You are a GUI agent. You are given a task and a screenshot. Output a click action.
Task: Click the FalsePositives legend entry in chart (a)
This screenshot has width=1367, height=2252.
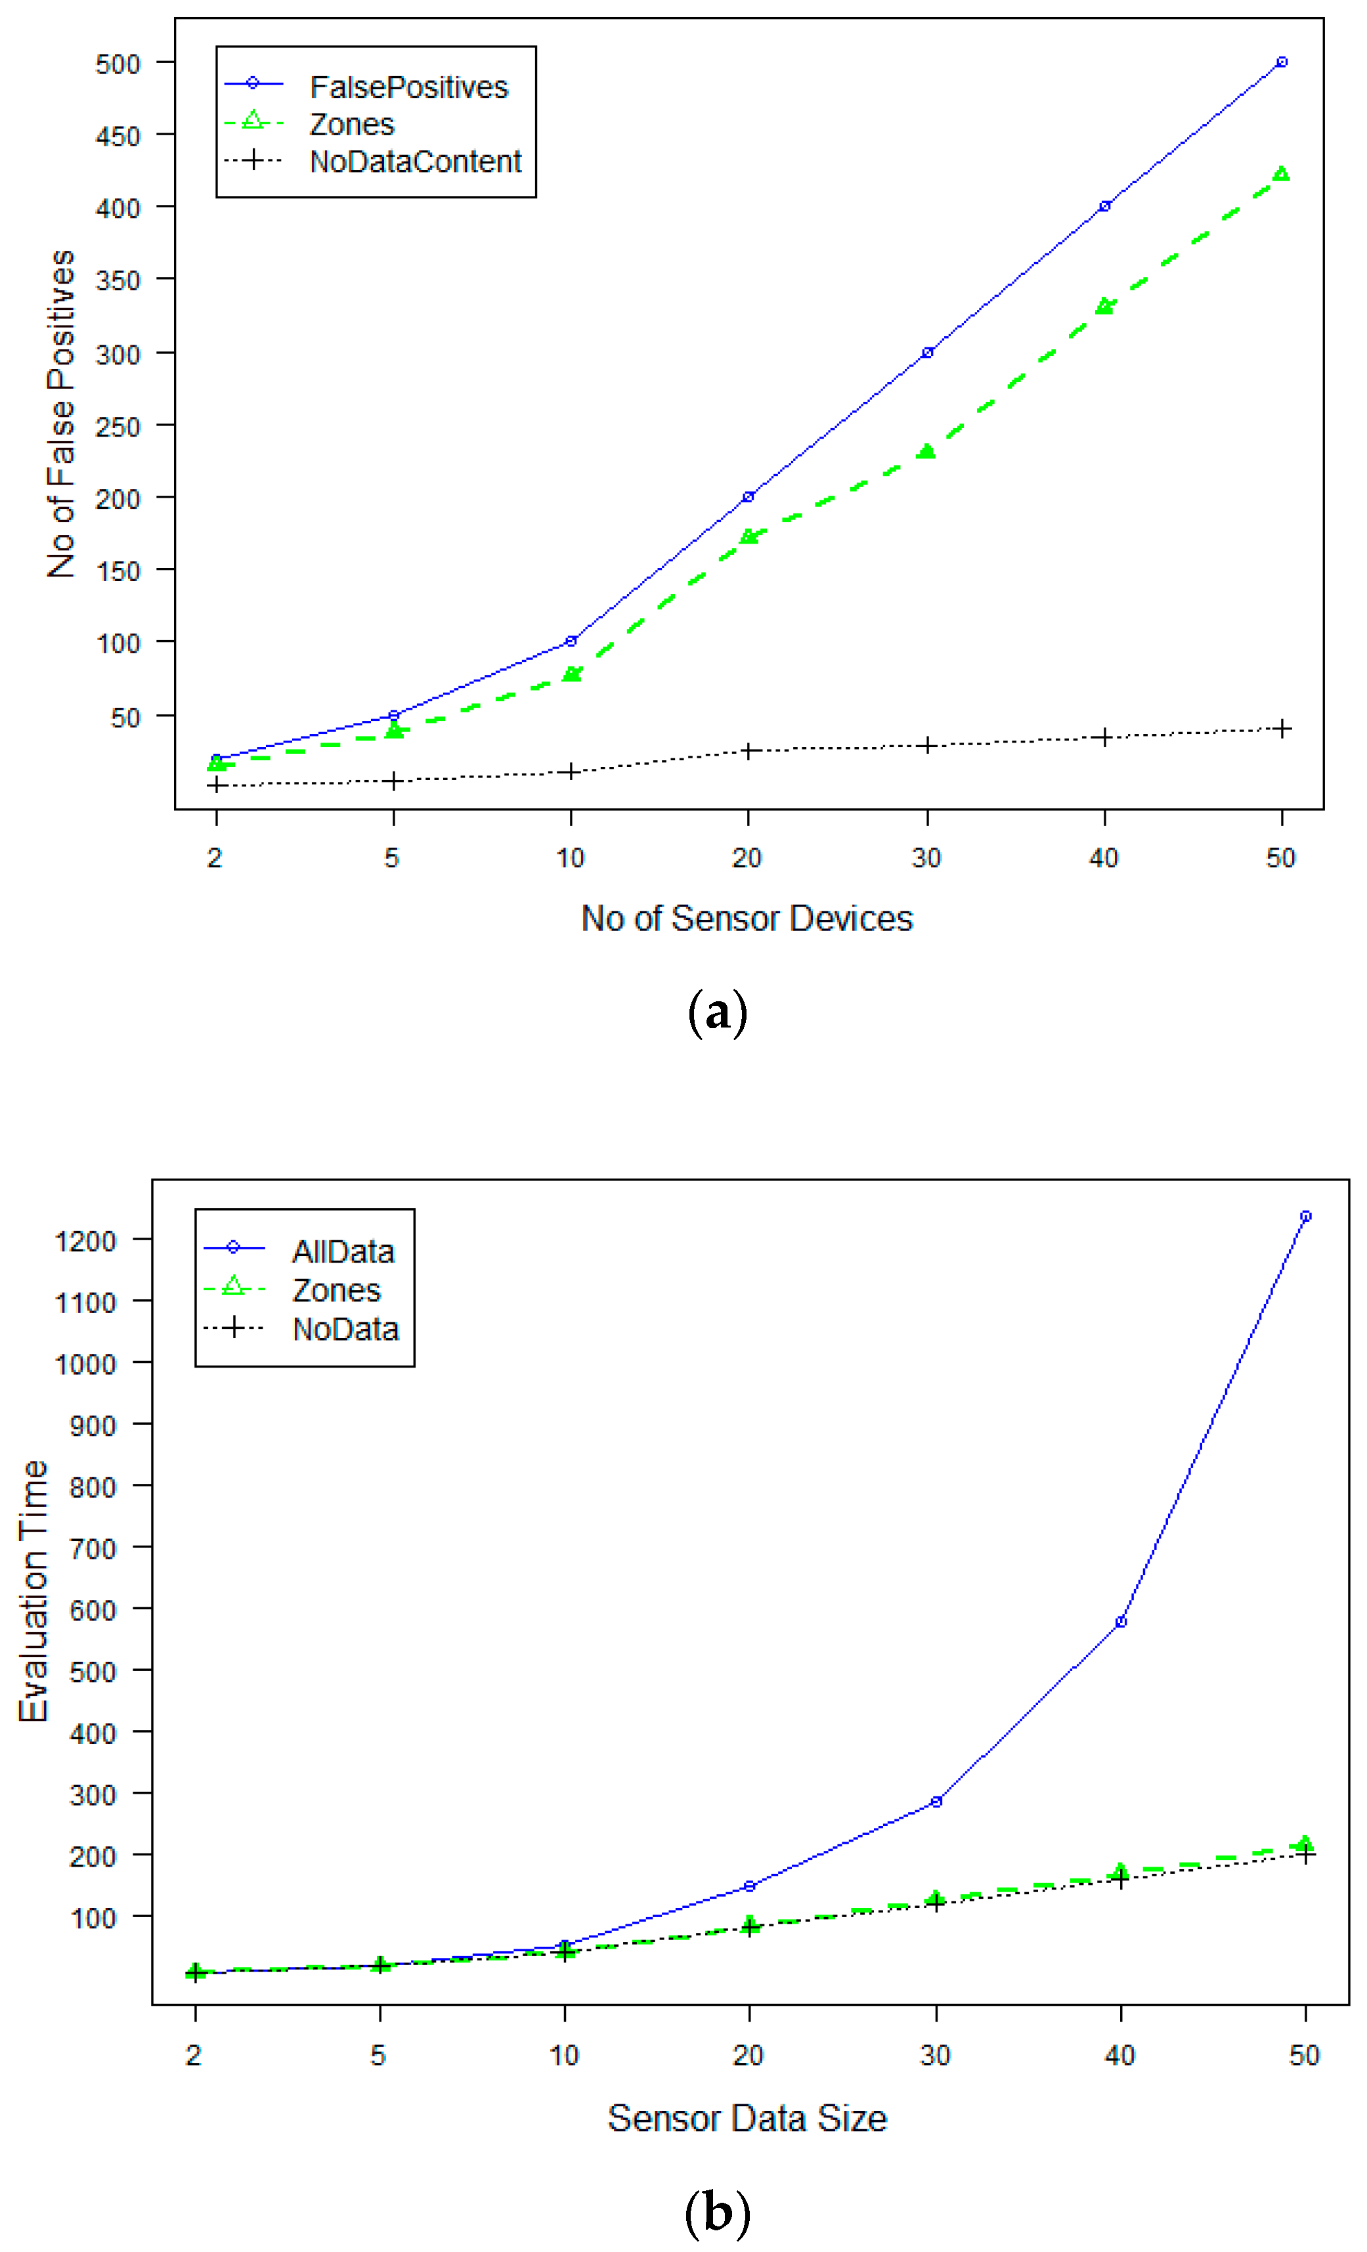tap(408, 87)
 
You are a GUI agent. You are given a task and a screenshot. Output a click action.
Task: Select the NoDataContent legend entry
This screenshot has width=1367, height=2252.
tap(415, 161)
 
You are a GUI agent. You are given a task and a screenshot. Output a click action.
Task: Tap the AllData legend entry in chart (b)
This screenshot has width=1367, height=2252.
tap(343, 1251)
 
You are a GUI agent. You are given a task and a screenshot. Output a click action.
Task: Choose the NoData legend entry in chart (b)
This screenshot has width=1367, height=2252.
tap(345, 1329)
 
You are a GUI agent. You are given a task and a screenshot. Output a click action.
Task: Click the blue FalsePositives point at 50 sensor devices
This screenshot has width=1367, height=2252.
tap(1282, 62)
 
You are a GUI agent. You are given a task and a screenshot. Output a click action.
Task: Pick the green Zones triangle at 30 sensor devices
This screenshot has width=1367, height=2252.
tap(926, 450)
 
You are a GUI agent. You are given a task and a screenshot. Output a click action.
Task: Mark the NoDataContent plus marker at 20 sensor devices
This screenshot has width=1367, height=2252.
tap(749, 750)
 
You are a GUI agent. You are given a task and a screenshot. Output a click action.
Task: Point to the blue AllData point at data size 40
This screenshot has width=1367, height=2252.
tap(1121, 1621)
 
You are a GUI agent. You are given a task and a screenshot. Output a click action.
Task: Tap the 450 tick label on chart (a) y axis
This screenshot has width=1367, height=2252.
tap(118, 136)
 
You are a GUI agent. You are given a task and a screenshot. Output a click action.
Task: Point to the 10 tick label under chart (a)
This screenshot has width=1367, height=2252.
tap(570, 858)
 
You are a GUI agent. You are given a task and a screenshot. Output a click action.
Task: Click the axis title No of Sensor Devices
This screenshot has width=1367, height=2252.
tap(747, 919)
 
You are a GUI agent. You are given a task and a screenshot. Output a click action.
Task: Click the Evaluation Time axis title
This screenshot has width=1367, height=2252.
tap(33, 1590)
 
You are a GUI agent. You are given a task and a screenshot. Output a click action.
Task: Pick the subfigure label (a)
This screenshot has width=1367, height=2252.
tap(717, 1012)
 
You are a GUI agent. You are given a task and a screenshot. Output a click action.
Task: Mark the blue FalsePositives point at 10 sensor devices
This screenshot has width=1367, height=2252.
tap(571, 641)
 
